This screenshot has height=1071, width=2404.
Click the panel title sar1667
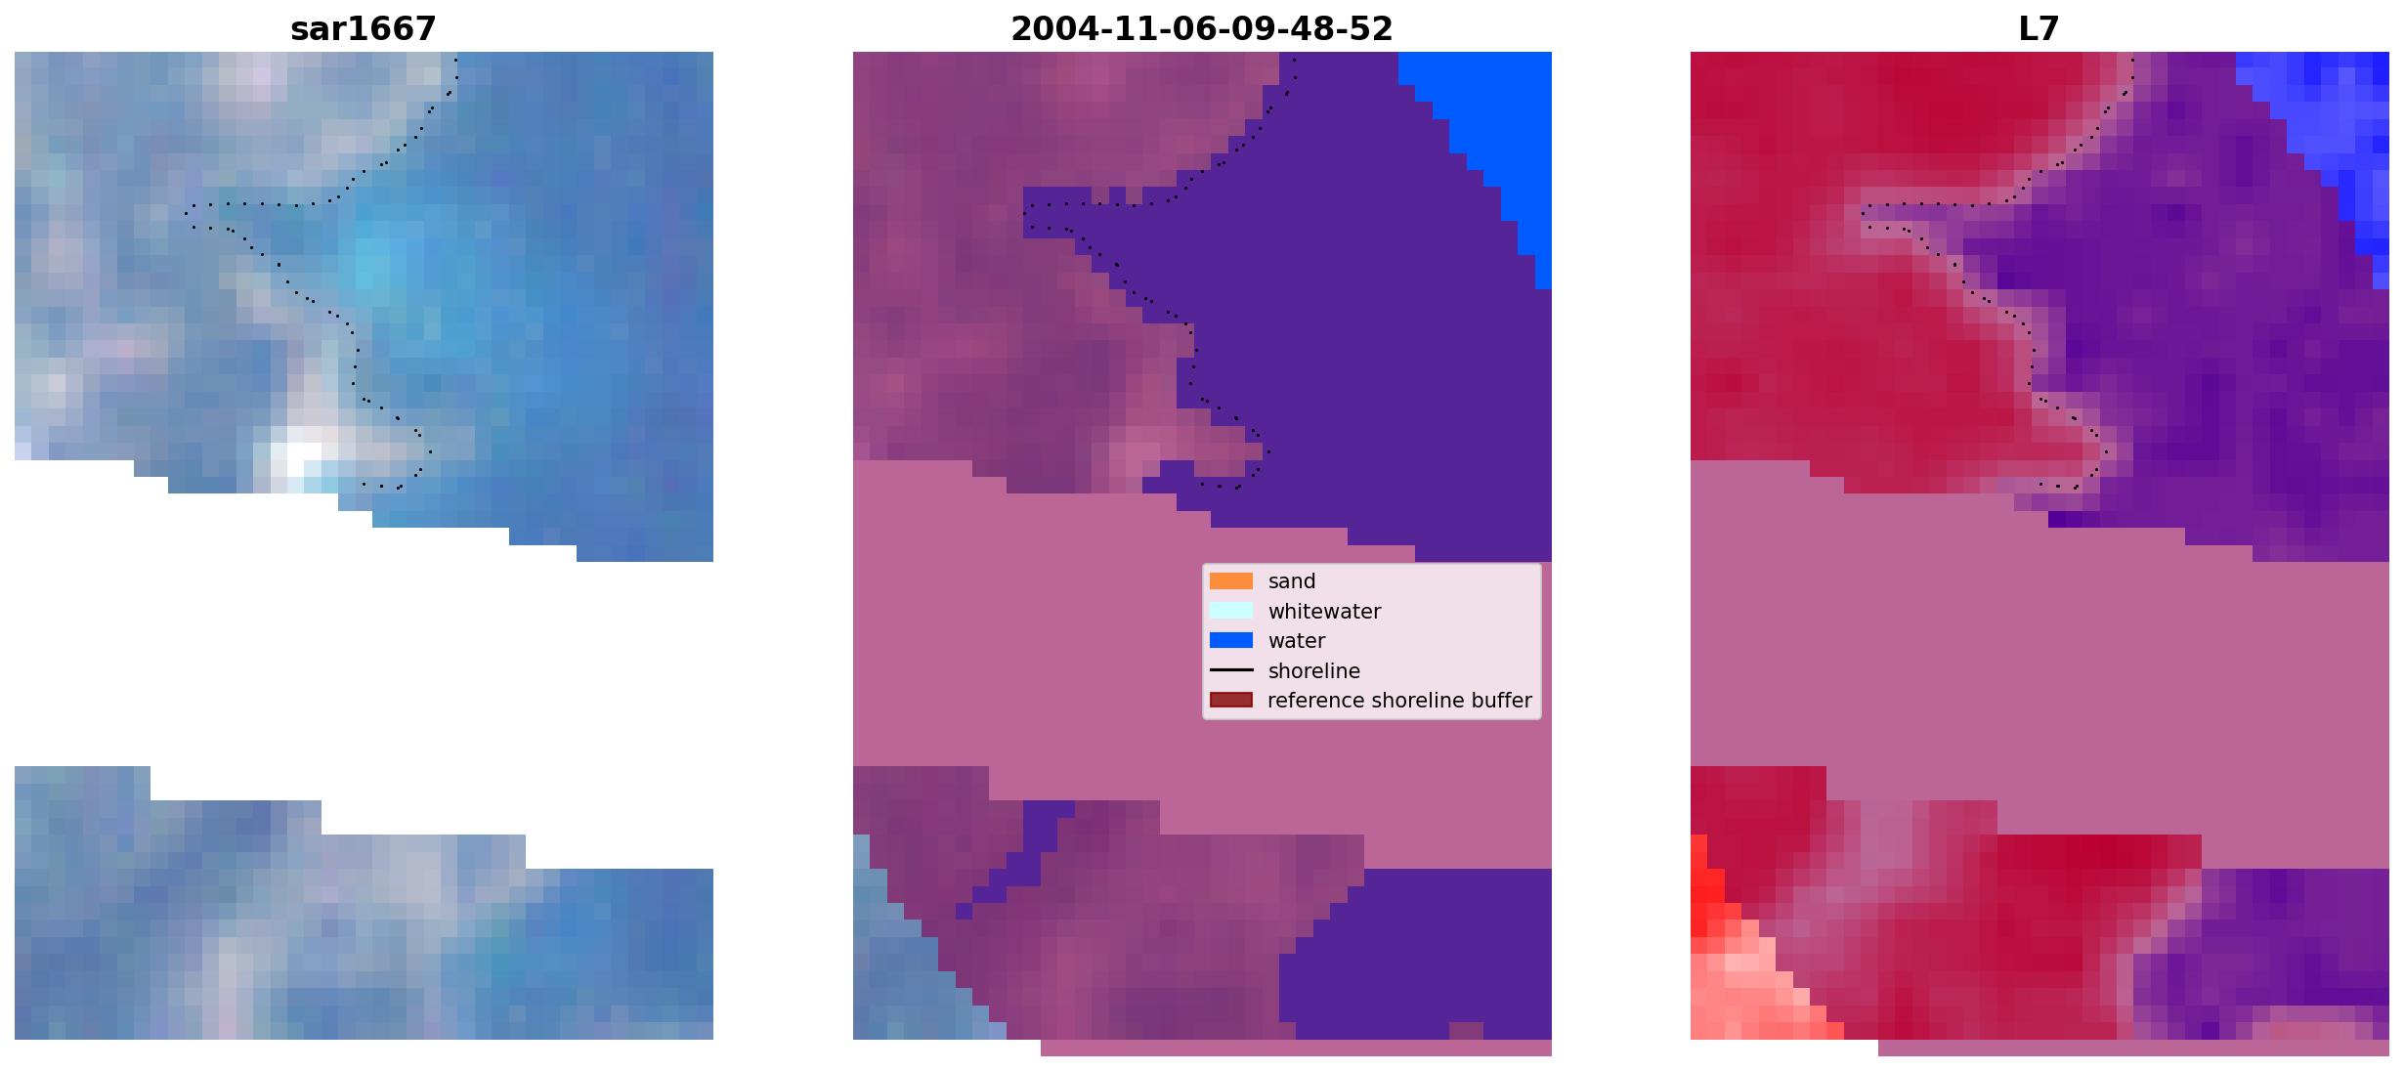point(364,29)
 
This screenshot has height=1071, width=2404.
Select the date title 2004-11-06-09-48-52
point(1202,29)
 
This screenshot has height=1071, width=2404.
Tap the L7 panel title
point(2039,29)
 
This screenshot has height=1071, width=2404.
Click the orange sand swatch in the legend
point(1231,581)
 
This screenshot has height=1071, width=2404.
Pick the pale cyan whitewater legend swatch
point(1231,611)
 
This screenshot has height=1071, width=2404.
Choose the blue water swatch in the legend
point(1231,641)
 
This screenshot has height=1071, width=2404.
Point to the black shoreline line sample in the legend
point(1231,670)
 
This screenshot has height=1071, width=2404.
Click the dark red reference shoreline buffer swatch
point(1231,701)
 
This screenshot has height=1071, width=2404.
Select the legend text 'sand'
point(1292,581)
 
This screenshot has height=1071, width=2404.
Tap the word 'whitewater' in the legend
point(1324,612)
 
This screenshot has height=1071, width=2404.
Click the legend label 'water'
point(1297,641)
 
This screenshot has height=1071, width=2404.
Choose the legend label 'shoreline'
point(1314,671)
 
